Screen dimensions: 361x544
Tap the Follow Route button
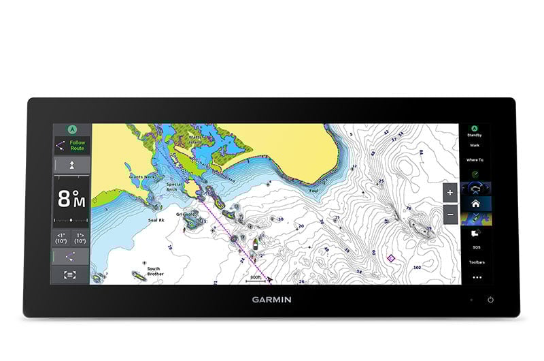[71, 146]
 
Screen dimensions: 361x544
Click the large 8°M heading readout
[71, 199]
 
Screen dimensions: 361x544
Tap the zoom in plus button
[449, 193]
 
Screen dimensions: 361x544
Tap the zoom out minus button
[449, 214]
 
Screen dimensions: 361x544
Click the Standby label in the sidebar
[474, 136]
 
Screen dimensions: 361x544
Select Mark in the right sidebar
[474, 145]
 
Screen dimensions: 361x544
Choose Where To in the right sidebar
[475, 160]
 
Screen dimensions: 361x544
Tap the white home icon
[476, 203]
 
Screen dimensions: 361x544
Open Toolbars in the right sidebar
[476, 262]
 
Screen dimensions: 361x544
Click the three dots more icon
[476, 277]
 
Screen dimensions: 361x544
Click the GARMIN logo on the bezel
[272, 299]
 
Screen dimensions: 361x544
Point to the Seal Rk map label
[157, 220]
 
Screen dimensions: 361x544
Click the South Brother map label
[154, 271]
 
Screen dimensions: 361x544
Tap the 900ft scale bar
[255, 279]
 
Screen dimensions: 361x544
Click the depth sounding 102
[416, 268]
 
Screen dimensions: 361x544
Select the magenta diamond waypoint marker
[390, 258]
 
